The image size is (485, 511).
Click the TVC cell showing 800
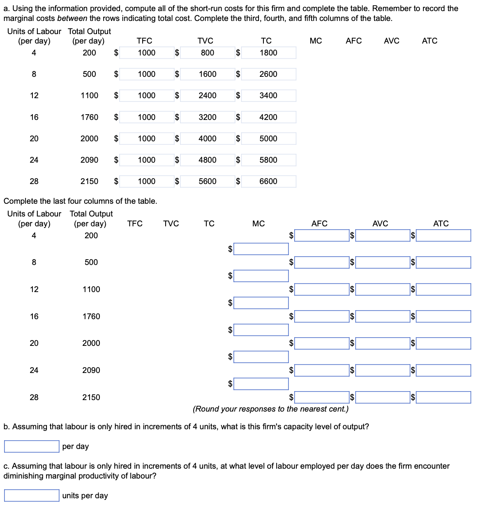[207, 53]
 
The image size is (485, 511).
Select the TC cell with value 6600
[268, 181]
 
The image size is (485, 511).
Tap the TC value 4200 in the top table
[268, 117]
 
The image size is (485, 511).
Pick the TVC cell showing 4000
[207, 138]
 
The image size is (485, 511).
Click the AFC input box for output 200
[322, 235]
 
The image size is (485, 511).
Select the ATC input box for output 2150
[443, 397]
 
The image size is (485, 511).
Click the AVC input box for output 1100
[383, 289]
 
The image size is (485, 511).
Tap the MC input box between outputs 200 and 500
[261, 249]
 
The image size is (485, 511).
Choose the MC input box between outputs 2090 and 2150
[261, 384]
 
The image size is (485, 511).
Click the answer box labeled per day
[32, 446]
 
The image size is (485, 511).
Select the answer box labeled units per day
[32, 495]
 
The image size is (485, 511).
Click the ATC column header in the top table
[430, 41]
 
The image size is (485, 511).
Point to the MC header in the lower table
[259, 223]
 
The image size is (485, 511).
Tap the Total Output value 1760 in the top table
[89, 117]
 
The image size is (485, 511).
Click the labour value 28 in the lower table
[34, 397]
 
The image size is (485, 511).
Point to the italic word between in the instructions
[72, 18]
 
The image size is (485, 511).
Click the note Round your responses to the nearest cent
[270, 409]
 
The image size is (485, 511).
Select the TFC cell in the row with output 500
[146, 74]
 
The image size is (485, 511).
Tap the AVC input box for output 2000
[383, 343]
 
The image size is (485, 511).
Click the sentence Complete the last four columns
[80, 201]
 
